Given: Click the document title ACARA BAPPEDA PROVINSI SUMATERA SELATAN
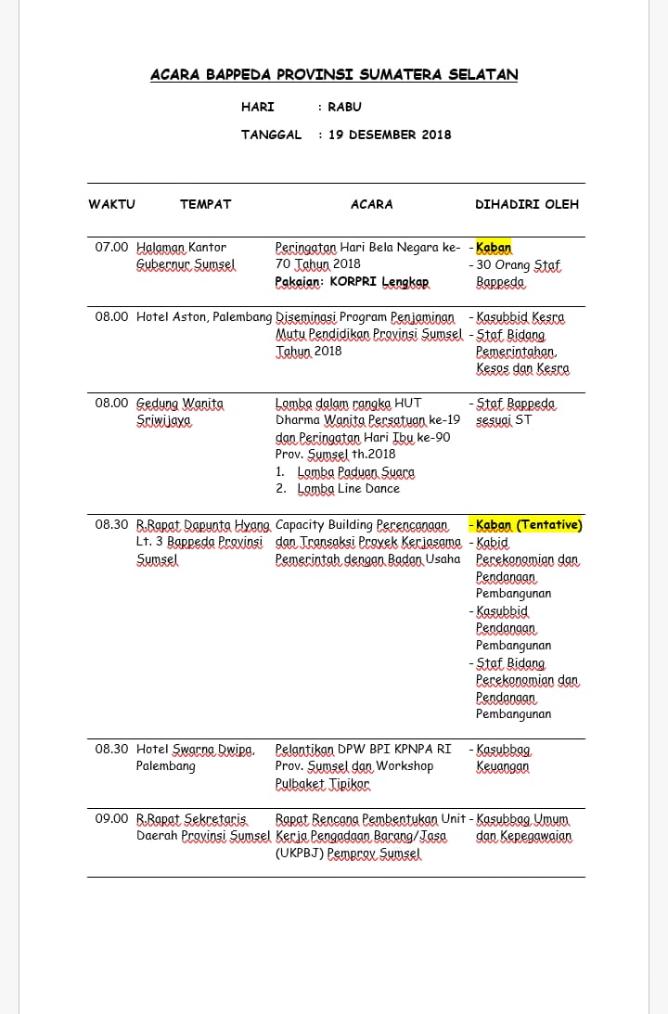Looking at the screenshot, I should point(334,75).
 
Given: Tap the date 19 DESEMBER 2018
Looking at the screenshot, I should point(390,135).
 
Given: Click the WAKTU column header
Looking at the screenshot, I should point(111,204).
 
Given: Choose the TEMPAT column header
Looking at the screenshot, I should point(205,204).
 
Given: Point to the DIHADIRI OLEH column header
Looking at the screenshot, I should point(526,204).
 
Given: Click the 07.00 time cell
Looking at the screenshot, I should point(111,248).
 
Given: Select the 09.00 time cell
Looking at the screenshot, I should point(111,818).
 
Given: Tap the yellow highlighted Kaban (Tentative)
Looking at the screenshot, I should point(529,525).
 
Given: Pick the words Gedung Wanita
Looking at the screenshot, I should point(180,404).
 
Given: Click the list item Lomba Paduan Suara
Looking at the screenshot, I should point(356,471).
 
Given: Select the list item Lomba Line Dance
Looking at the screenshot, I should point(349,489).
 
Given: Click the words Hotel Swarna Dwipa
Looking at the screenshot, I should point(195,750).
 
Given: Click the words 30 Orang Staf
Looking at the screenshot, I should point(519,265).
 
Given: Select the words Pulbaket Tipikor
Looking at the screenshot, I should point(322,784).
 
